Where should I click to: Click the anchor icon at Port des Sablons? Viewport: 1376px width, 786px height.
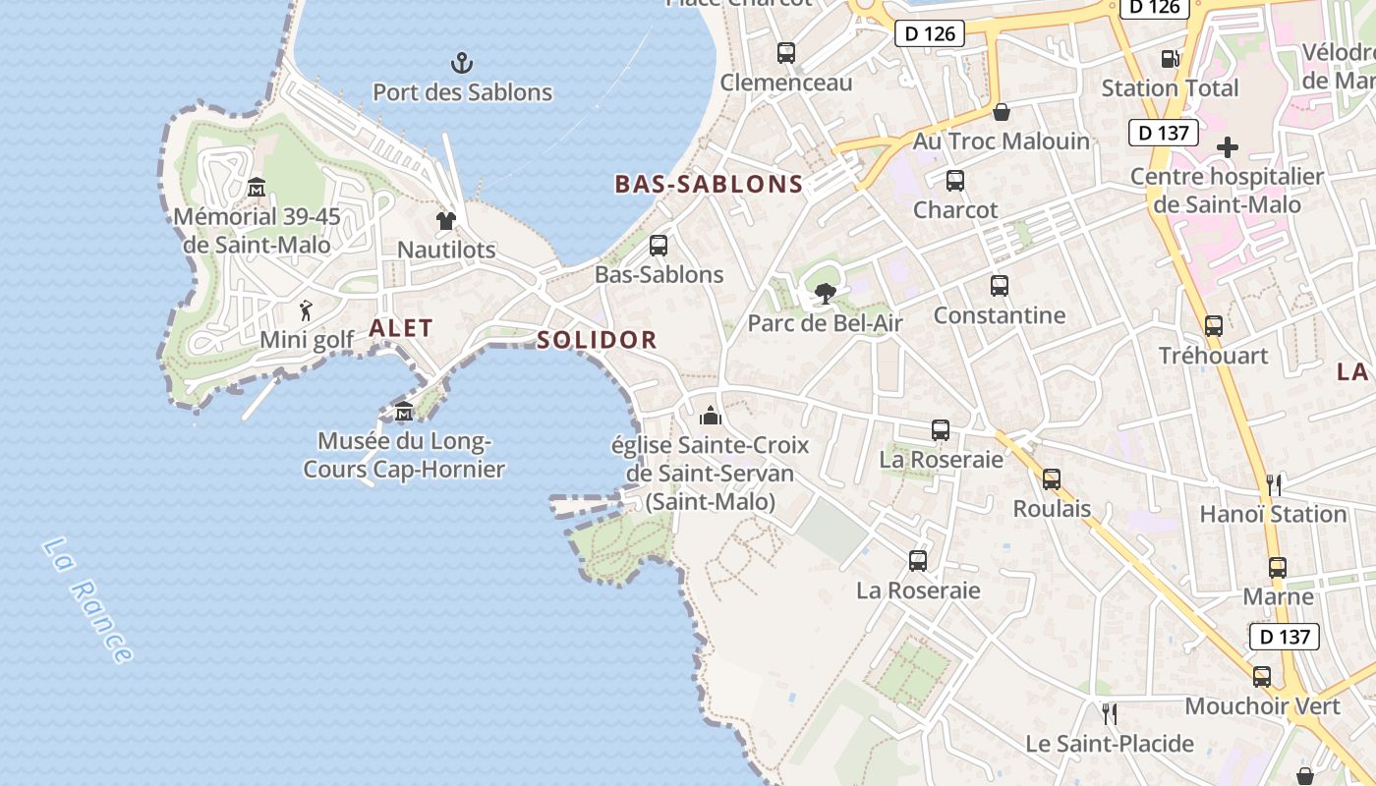click(462, 64)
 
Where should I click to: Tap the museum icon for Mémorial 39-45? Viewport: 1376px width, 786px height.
click(257, 187)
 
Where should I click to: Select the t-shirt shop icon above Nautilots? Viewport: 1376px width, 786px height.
click(446, 221)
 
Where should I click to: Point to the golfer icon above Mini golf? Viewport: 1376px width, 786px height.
click(307, 311)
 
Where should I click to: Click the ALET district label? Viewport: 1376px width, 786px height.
click(401, 329)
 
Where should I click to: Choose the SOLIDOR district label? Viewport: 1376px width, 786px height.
click(597, 340)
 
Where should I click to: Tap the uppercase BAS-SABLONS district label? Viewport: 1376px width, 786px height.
click(709, 184)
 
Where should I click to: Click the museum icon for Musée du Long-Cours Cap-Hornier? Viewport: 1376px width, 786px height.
click(403, 412)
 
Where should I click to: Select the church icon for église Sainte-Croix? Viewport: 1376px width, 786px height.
click(711, 416)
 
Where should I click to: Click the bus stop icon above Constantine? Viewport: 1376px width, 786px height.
click(1000, 286)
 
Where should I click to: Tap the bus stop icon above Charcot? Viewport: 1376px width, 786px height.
click(955, 181)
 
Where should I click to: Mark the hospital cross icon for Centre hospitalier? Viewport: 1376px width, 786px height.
click(1228, 148)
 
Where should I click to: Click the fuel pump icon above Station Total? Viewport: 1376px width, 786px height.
click(1170, 59)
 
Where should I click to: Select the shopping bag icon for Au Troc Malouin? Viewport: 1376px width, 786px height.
click(1002, 112)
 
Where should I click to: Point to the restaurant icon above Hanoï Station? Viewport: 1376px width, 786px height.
click(1274, 484)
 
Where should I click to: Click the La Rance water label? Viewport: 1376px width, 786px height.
click(87, 599)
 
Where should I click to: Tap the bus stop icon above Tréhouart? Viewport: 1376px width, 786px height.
click(1214, 326)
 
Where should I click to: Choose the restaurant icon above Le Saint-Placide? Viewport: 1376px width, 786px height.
click(1110, 713)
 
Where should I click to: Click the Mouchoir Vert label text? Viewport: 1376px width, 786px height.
click(1262, 706)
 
